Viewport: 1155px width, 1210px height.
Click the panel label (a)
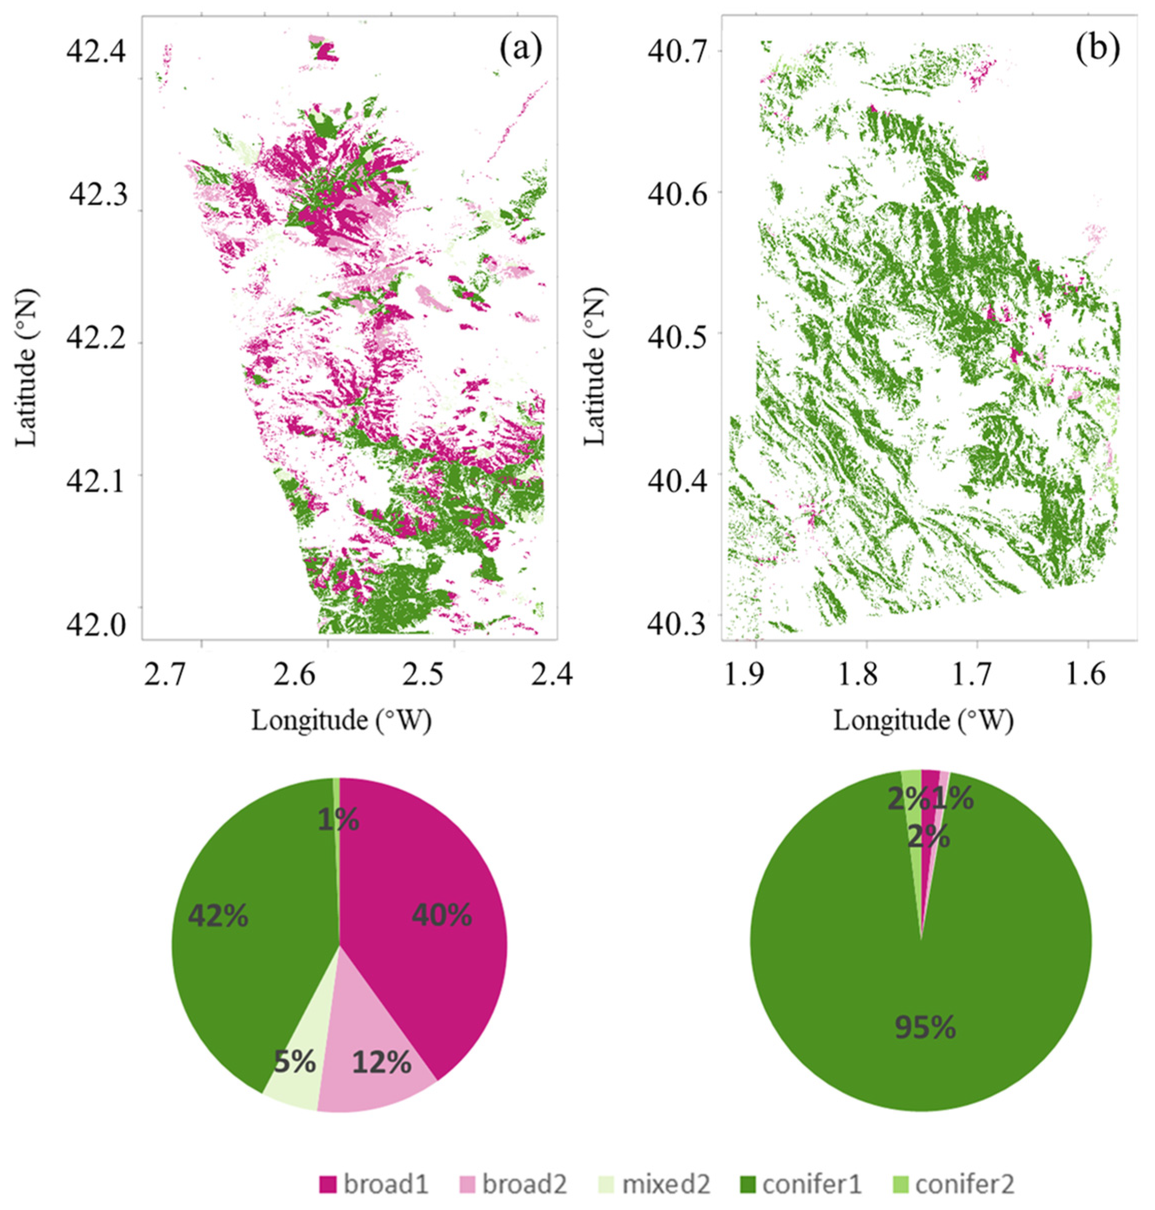tap(521, 50)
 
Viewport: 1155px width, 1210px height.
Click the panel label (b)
tap(1099, 50)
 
